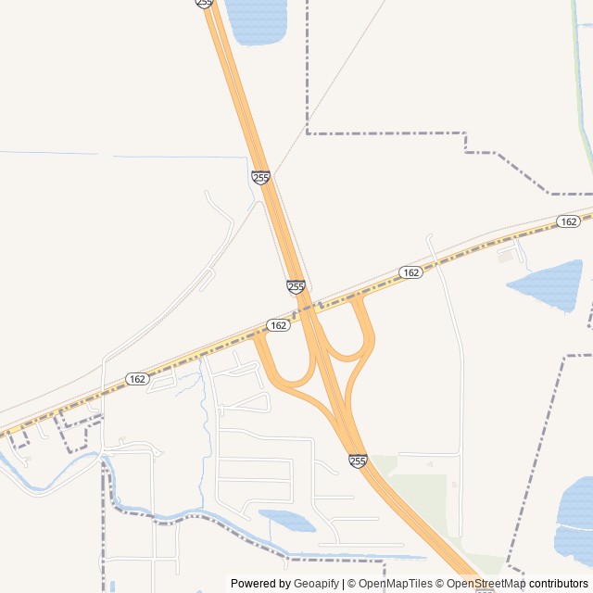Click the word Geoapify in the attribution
point(317,583)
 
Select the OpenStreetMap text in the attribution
point(486,583)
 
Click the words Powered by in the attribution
point(260,583)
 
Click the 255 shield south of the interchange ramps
point(358,461)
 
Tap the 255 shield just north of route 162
point(296,287)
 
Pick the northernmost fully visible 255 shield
point(260,177)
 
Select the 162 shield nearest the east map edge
point(569,221)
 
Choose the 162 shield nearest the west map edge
point(137,379)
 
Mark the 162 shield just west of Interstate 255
point(278,325)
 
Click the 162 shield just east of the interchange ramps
point(411,272)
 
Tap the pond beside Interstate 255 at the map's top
point(257,20)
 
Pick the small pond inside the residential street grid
point(289,520)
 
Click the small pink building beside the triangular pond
point(505,257)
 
